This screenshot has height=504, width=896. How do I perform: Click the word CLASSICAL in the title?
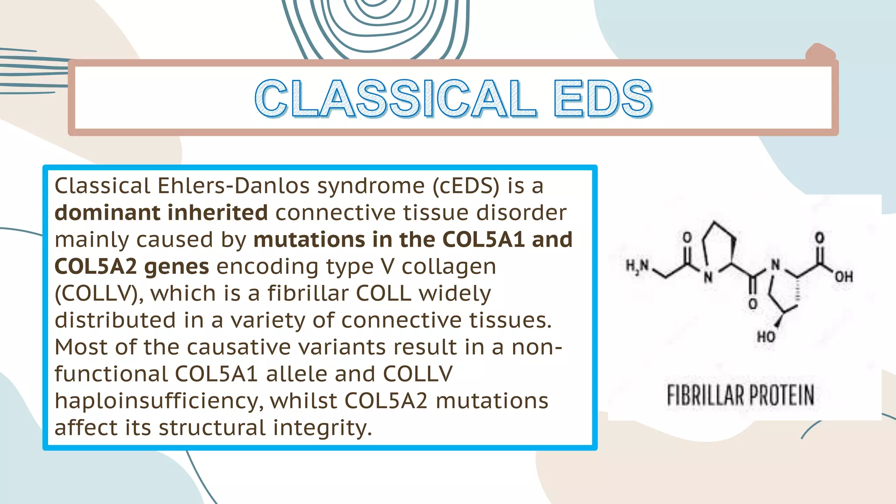tap(395, 99)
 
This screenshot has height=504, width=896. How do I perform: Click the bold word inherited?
tap(217, 213)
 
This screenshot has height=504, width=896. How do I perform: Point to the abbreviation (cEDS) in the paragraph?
tap(466, 186)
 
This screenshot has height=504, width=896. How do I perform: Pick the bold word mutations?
tap(309, 240)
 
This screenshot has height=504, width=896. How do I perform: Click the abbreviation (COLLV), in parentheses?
tap(99, 294)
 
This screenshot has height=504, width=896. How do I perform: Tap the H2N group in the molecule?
tap(637, 266)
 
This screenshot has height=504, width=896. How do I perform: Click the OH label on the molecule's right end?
tap(843, 276)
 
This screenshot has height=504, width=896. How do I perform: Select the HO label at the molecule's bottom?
tap(766, 336)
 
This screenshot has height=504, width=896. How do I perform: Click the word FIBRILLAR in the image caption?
tap(705, 395)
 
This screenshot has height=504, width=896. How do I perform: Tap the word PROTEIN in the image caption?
tap(782, 395)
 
